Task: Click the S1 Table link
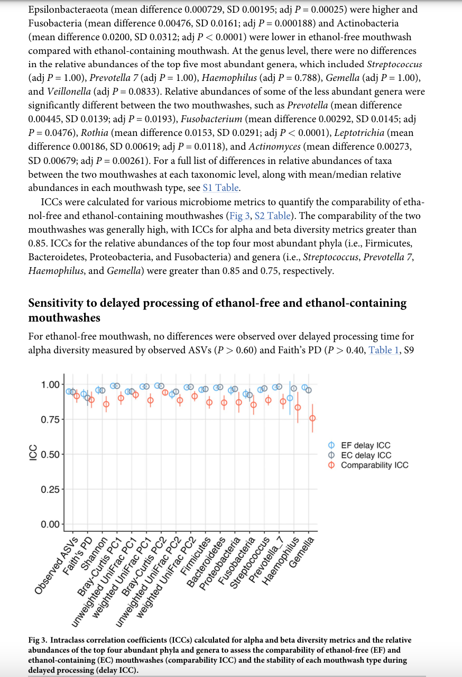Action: (x=221, y=188)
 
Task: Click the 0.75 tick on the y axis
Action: (x=51, y=419)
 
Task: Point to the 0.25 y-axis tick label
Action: (x=51, y=489)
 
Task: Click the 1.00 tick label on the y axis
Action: (x=51, y=385)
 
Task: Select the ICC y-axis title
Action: (x=33, y=454)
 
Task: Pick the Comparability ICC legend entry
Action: (x=374, y=465)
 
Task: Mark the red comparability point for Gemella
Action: (x=312, y=418)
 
